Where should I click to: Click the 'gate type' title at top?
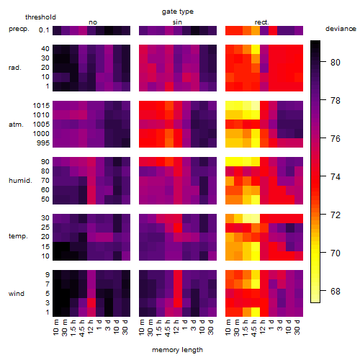coord(178,12)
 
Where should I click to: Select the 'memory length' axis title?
coord(177,350)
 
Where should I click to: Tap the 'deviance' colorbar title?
coord(341,29)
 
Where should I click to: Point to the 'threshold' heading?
coord(40,17)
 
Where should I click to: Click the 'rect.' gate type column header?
coord(262,22)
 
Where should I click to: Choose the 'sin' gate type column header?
coord(177,22)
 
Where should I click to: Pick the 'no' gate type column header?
coord(93,22)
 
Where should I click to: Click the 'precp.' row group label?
coord(19,30)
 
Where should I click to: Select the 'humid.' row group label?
coord(20,181)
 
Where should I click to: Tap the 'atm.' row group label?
coord(16,125)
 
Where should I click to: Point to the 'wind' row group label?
coord(17,294)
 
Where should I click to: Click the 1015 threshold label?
coord(41,106)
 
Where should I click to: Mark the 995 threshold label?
coord(43,143)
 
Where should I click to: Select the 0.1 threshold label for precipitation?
coord(44,30)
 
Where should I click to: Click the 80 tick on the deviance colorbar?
coord(336,63)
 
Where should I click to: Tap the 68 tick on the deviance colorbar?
coord(336,292)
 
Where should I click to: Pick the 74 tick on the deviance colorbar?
coord(336,177)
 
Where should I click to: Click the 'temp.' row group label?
coord(18,236)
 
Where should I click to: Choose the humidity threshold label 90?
coord(45,162)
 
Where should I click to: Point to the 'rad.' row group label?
coord(15,68)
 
